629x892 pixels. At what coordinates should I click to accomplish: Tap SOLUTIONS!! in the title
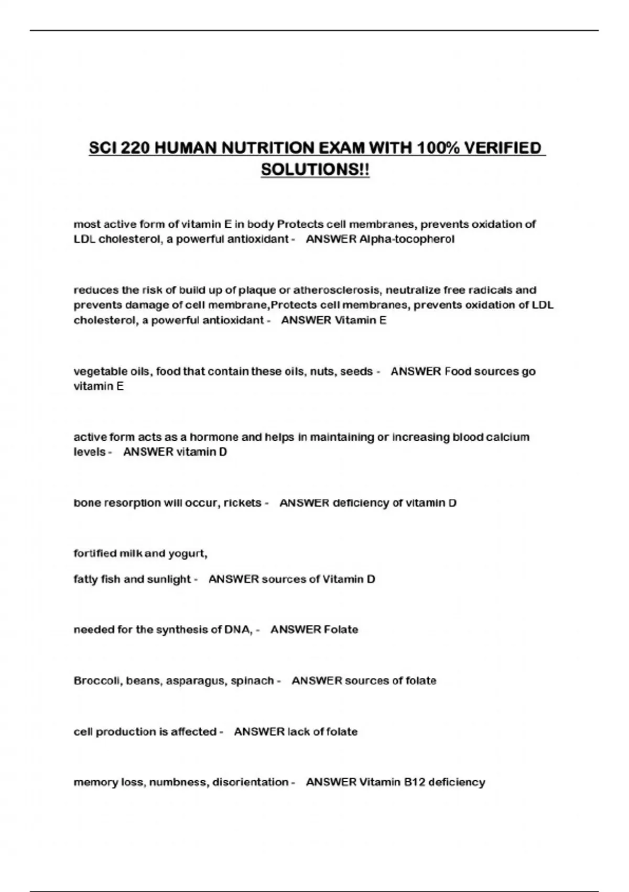pyautogui.click(x=315, y=170)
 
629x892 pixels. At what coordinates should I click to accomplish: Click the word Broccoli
pyautogui.click(x=97, y=681)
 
